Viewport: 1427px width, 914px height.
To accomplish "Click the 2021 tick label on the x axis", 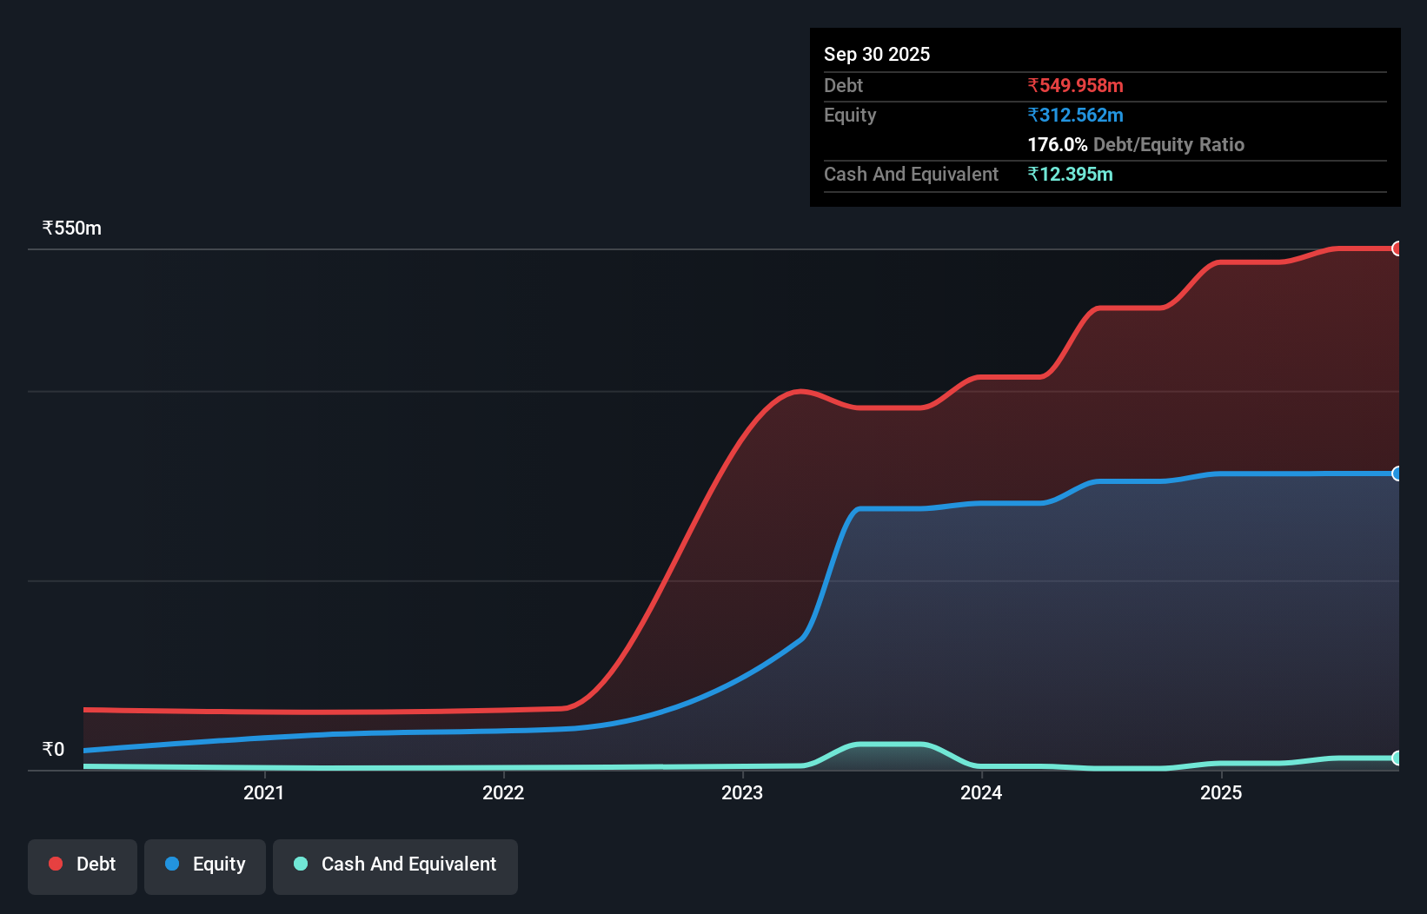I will [x=263, y=792].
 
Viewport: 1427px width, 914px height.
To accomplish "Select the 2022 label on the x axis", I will [x=503, y=792].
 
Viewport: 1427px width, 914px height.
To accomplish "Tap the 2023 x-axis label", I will [x=742, y=792].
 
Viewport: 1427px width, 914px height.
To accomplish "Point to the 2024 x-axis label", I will [x=981, y=792].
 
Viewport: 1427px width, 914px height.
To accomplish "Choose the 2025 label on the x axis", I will [x=1221, y=792].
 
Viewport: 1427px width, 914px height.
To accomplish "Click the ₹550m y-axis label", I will [x=72, y=228].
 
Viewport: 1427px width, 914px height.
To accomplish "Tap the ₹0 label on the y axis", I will [x=53, y=749].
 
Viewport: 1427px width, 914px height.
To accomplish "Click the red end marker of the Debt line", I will [x=1397, y=249].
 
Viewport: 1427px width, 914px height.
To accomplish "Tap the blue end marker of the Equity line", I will [x=1397, y=474].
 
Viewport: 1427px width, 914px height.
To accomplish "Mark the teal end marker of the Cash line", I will [x=1397, y=758].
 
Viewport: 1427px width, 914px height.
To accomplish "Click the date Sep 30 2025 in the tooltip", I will [x=877, y=54].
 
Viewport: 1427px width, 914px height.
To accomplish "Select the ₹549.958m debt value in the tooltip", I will [x=1075, y=85].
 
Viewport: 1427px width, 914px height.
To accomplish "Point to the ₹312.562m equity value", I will [x=1075, y=115].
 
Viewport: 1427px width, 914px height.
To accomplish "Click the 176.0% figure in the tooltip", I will [x=1057, y=144].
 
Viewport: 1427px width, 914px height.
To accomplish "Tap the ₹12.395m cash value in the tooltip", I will [x=1070, y=174].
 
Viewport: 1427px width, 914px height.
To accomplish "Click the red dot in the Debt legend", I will [x=56, y=864].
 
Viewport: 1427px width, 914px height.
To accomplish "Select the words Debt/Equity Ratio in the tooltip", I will [x=1169, y=144].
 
